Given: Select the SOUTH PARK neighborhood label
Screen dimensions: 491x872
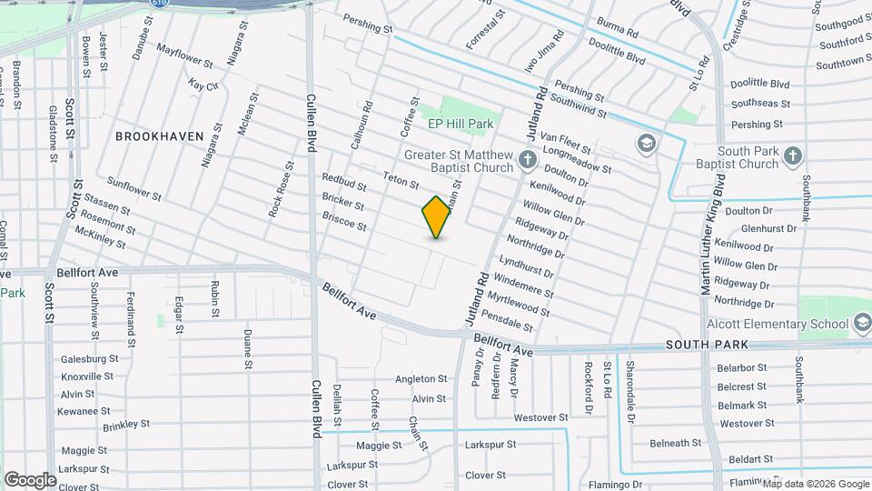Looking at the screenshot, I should (707, 345).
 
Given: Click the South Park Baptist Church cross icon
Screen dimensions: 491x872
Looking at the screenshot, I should (792, 156).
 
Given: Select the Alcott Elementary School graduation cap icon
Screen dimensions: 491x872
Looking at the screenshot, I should (861, 324).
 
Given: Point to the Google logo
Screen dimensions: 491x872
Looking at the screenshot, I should (30, 479).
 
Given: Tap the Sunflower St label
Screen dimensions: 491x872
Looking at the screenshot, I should (134, 188).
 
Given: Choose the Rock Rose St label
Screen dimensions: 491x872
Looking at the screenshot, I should (281, 190).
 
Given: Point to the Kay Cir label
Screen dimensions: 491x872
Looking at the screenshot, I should (203, 85).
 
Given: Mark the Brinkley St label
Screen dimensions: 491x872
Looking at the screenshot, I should (125, 425).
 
